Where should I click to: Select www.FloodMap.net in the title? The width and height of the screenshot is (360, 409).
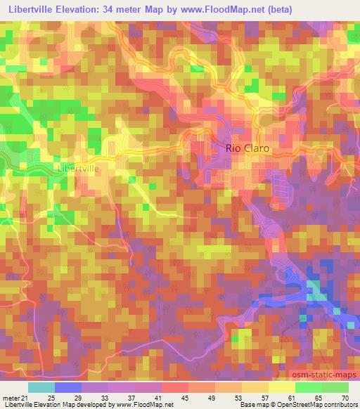223,9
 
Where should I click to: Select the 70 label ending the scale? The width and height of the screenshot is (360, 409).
344,398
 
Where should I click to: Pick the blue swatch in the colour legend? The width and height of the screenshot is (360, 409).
68,387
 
